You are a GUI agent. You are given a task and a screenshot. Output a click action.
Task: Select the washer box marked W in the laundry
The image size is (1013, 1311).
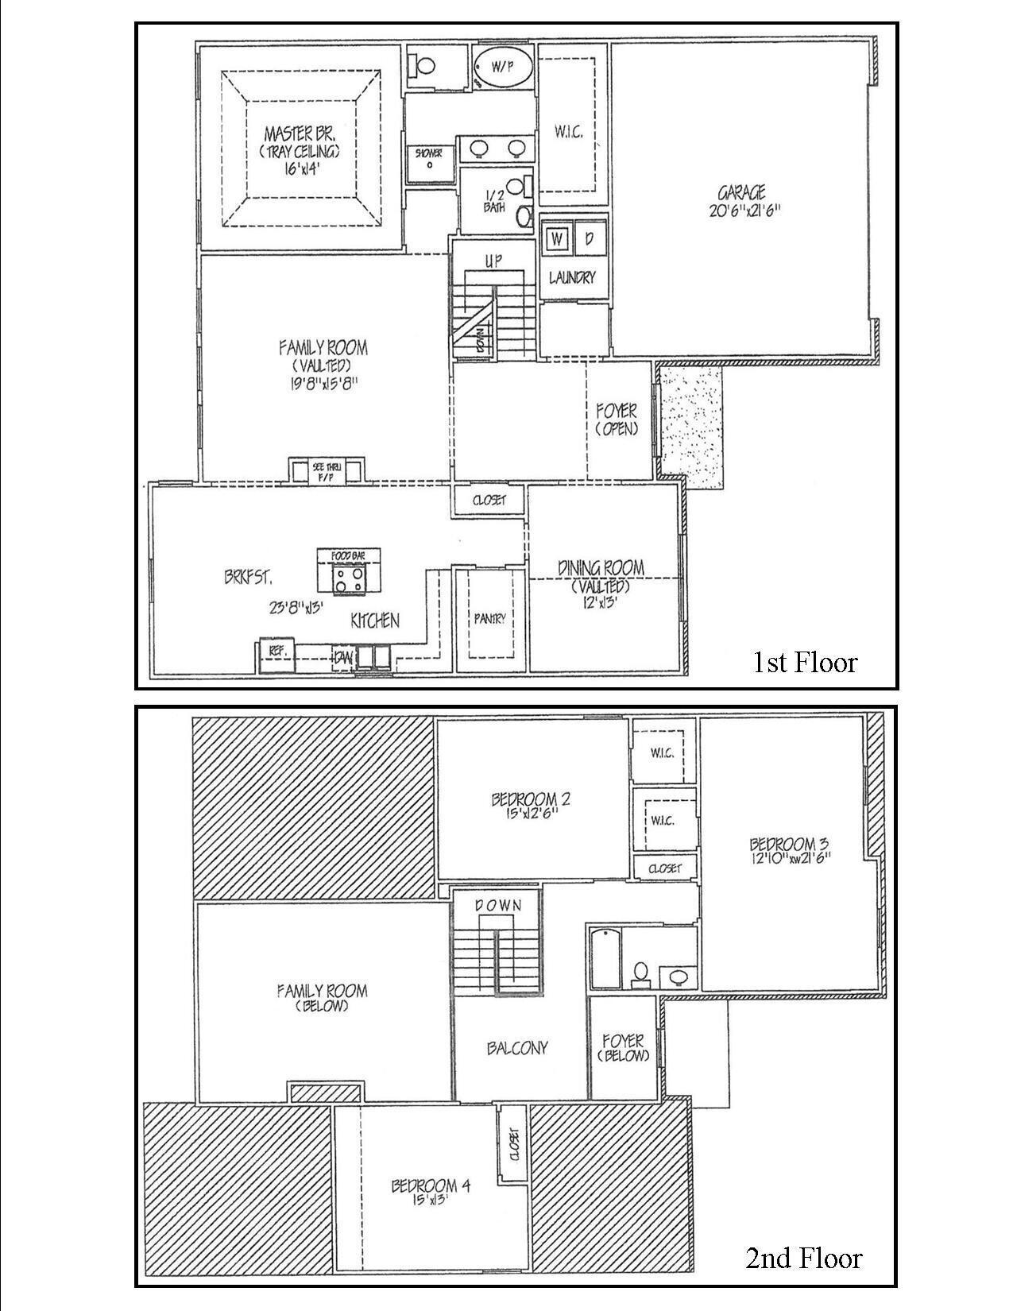[557, 238]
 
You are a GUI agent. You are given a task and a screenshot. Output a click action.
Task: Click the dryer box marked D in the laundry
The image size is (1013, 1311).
[590, 238]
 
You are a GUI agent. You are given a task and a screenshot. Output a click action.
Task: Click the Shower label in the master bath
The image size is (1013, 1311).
[429, 153]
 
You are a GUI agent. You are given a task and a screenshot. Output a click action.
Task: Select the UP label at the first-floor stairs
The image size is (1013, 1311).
[493, 261]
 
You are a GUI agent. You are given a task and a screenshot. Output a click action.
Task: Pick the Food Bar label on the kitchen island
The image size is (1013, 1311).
[348, 555]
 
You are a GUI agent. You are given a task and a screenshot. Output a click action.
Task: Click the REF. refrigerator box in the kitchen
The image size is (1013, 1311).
[276, 650]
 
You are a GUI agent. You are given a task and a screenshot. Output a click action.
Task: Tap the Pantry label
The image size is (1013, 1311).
[489, 619]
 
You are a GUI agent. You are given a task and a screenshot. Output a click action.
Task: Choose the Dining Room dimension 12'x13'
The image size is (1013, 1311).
[600, 602]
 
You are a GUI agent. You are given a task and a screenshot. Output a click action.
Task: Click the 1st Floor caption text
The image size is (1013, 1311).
[805, 662]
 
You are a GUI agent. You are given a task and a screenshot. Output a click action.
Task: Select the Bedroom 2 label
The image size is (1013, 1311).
[531, 799]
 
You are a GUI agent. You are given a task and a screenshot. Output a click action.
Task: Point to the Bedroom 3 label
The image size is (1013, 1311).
[782, 844]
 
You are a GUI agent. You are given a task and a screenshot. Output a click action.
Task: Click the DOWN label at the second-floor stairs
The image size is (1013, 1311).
[498, 905]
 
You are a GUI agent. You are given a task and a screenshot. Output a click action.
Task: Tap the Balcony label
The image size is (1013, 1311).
[517, 1048]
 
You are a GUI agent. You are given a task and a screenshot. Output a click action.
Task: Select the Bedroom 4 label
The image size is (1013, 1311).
[431, 1185]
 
